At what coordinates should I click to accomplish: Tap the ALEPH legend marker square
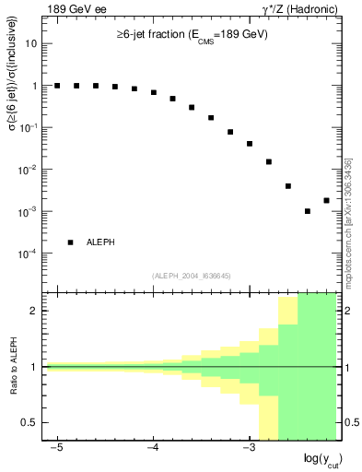pyautogui.click(x=71, y=242)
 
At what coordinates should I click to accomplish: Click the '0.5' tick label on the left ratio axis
pyautogui.click(x=34, y=422)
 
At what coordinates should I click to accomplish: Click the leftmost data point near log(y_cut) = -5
pyautogui.click(x=57, y=86)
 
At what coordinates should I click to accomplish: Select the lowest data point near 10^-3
pyautogui.click(x=308, y=211)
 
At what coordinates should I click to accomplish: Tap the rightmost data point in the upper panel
pyautogui.click(x=326, y=200)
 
